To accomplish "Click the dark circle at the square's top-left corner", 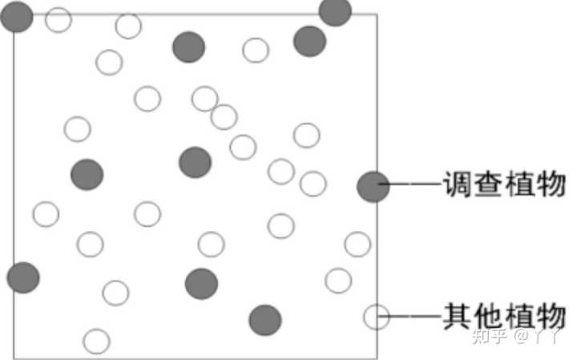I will (x=16, y=16).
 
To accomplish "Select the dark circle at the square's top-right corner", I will (x=335, y=11).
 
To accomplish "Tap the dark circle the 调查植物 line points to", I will (x=373, y=186).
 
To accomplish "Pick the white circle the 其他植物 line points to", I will (x=376, y=317).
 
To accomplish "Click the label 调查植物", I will (x=505, y=186).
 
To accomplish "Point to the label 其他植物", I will (x=505, y=315).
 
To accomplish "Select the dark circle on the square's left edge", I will (x=22, y=277).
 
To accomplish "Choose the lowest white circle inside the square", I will (x=96, y=341).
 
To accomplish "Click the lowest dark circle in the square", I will (x=265, y=320).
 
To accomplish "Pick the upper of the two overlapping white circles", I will (x=205, y=99).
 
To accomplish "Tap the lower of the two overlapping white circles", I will (x=224, y=117).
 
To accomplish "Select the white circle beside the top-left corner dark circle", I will (x=59, y=19).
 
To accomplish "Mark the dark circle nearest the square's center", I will (x=195, y=162).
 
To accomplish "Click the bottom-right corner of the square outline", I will (x=377, y=357).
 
